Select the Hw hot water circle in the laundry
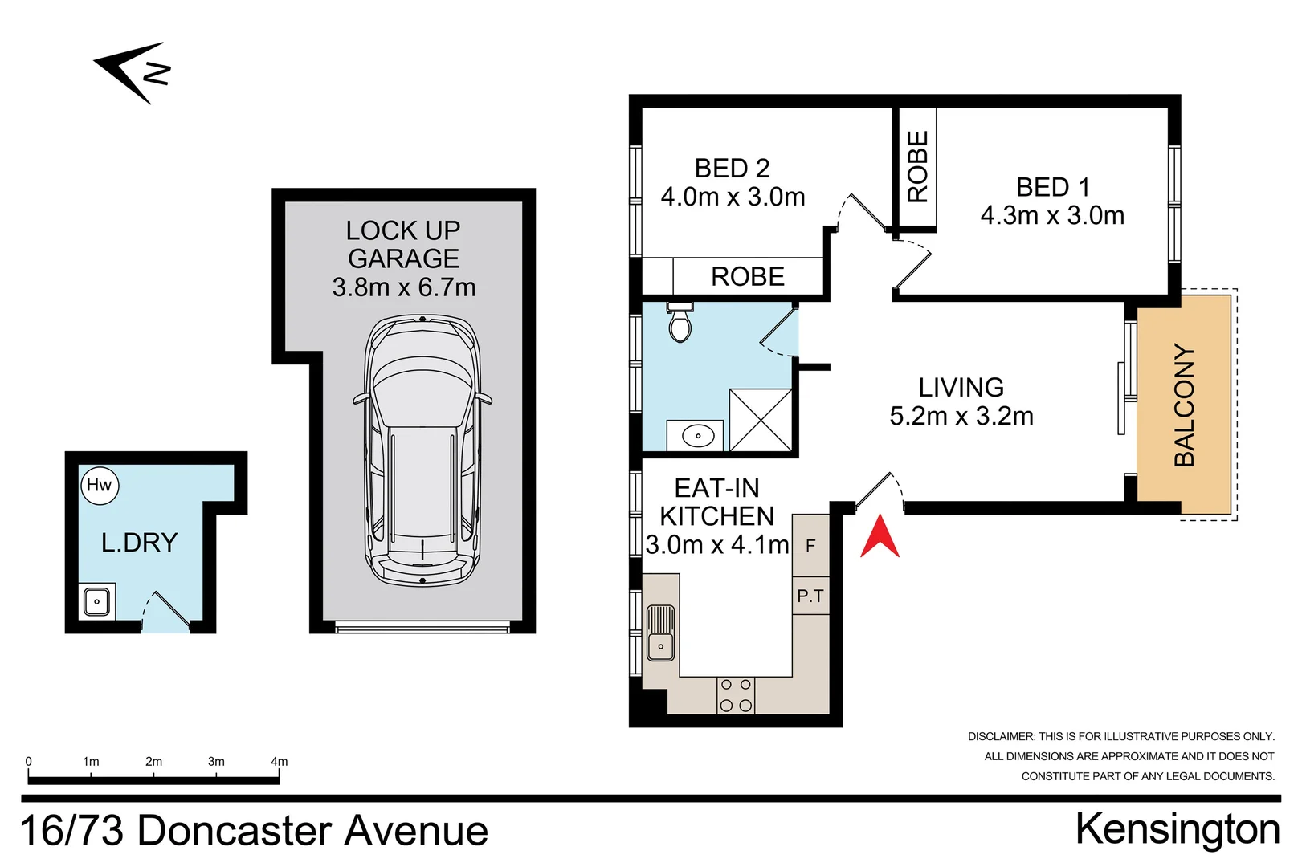click(100, 486)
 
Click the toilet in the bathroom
click(680, 323)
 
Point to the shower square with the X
click(761, 420)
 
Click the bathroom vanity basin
click(697, 436)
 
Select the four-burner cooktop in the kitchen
click(736, 695)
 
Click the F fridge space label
click(810, 546)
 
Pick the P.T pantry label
click(810, 596)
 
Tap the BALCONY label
click(1184, 405)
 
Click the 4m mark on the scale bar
click(279, 762)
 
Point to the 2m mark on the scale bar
click(153, 762)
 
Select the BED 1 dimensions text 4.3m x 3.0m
click(1052, 215)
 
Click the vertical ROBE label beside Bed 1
click(917, 167)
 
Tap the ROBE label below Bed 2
click(747, 277)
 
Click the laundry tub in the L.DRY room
click(96, 601)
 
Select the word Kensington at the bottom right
click(1177, 829)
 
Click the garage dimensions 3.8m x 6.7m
click(404, 287)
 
